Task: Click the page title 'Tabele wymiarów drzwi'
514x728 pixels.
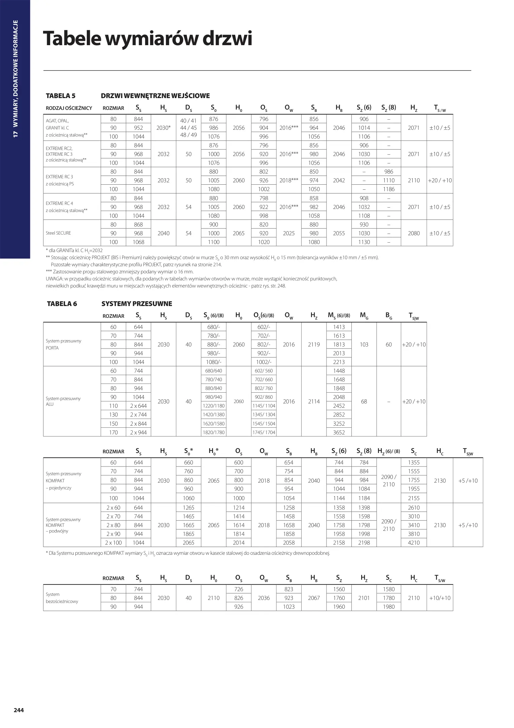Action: [x=147, y=39]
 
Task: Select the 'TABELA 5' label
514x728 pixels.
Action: [x=61, y=96]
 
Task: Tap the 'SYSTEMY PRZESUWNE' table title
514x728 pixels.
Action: [x=137, y=304]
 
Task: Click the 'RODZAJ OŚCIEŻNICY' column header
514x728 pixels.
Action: [x=69, y=108]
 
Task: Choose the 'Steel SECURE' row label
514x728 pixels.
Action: [x=58, y=233]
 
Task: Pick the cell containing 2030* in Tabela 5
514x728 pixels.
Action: [x=164, y=128]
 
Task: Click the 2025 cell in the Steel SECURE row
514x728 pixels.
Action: [x=289, y=233]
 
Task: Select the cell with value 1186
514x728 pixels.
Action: [x=389, y=189]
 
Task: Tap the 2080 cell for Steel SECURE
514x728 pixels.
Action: [x=414, y=233]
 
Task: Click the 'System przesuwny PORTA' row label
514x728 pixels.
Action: [x=63, y=344]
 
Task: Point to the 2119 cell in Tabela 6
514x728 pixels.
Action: [x=314, y=344]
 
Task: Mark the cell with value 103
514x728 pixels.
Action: [x=364, y=344]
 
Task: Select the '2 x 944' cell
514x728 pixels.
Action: [x=138, y=432]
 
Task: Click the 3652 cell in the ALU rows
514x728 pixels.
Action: [x=339, y=432]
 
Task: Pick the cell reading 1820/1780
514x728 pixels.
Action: [x=214, y=432]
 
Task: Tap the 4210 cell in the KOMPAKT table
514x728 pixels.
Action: [x=414, y=543]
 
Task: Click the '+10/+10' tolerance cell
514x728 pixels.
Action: [x=440, y=598]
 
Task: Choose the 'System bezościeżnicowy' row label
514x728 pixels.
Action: [x=62, y=598]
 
